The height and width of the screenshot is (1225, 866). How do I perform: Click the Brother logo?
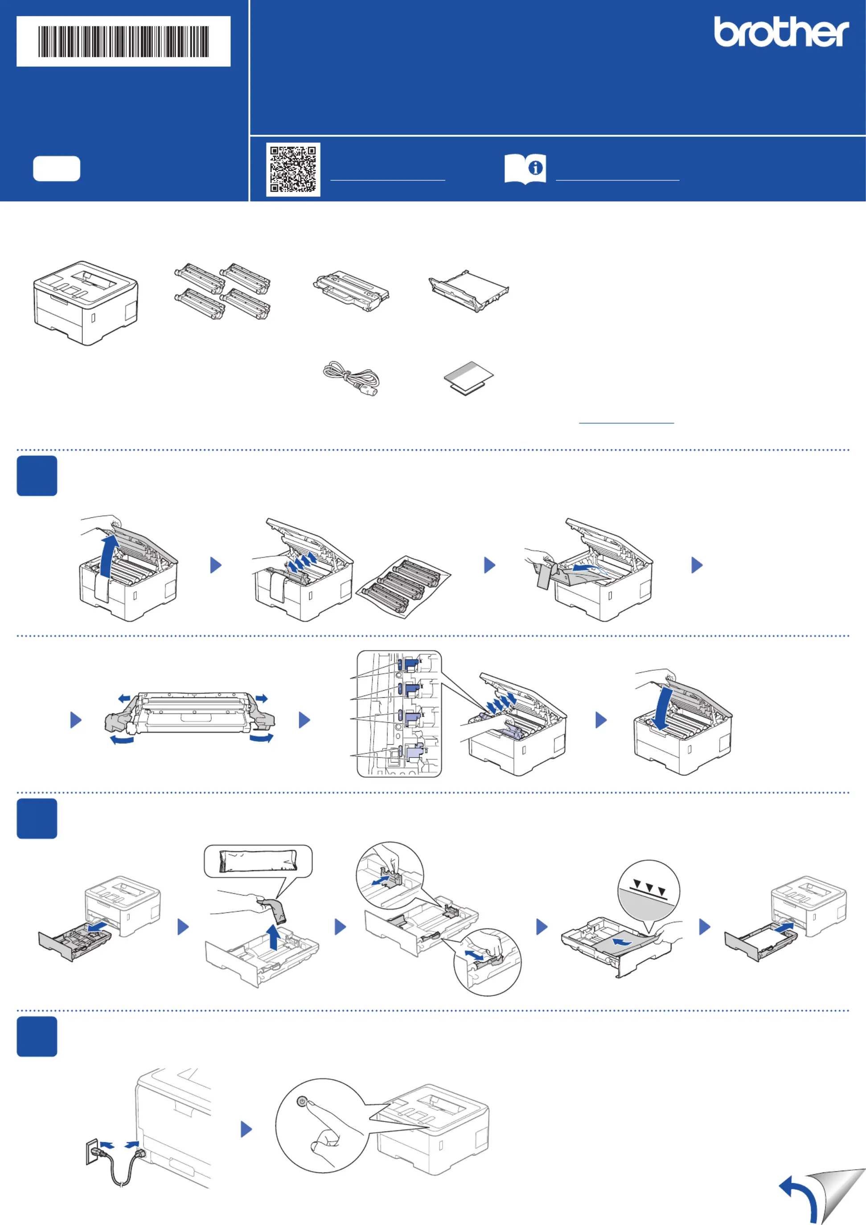coord(781,32)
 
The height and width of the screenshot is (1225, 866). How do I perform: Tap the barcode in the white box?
coord(123,41)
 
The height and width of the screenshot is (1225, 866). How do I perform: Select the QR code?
coord(293,169)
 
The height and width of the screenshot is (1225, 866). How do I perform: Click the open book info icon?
coord(525,169)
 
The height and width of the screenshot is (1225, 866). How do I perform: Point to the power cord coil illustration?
coord(351,378)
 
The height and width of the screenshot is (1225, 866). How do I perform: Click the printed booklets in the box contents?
coord(469,378)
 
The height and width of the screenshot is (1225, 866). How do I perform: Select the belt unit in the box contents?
coord(469,291)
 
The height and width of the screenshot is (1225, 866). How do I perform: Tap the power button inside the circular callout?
coord(302,1102)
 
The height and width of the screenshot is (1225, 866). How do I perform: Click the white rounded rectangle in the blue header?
coord(57,169)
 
